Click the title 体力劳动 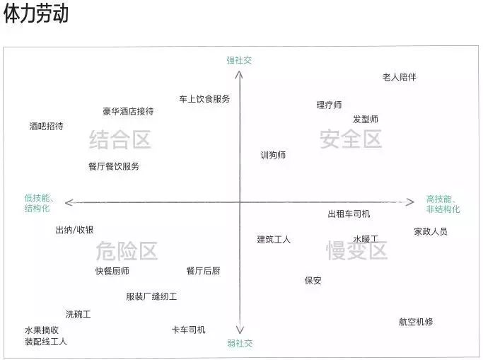[x=36, y=13]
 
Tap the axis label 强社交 [x=239, y=60]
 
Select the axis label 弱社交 [x=240, y=343]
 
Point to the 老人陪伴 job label [x=400, y=77]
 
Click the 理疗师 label [x=330, y=105]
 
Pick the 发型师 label [x=366, y=120]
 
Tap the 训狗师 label [x=273, y=155]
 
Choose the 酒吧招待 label [x=46, y=126]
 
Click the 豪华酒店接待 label [x=128, y=111]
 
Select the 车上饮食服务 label [x=204, y=99]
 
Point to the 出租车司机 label [x=349, y=214]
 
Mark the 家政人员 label [x=431, y=231]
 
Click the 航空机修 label [x=416, y=322]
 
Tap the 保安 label [x=313, y=280]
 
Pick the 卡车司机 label [x=189, y=330]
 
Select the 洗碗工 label [x=78, y=314]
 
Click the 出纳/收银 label [x=74, y=230]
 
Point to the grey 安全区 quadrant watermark [x=351, y=139]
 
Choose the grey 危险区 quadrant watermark [x=127, y=251]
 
